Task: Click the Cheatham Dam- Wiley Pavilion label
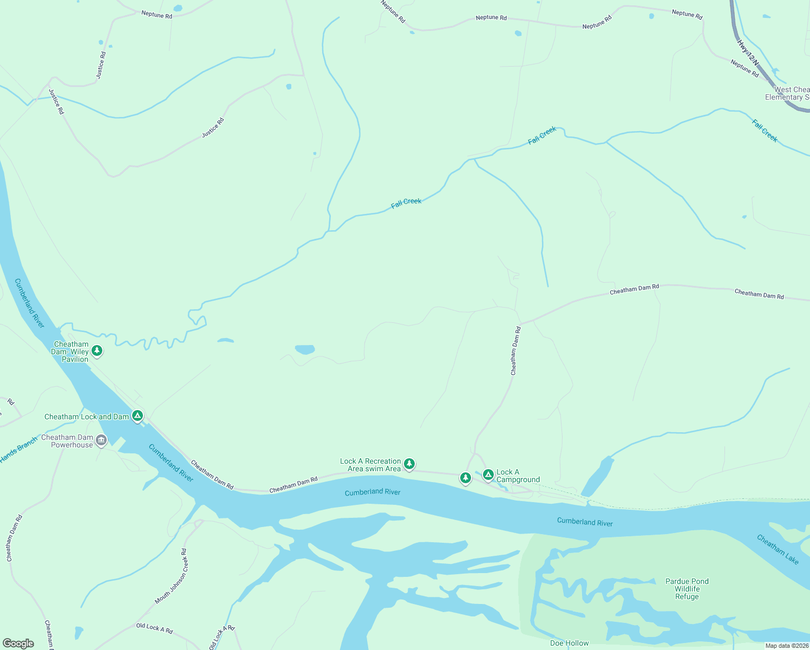point(71,352)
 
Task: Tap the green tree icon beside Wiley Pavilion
point(97,351)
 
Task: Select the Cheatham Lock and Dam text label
point(86,417)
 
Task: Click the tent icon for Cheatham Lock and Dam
point(138,415)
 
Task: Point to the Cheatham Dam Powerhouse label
point(67,441)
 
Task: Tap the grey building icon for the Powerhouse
point(101,441)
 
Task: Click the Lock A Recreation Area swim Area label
point(370,465)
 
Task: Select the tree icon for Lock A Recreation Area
point(409,464)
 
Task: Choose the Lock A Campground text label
point(518,476)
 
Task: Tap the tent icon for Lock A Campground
point(488,474)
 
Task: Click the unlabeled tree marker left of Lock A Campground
point(465,478)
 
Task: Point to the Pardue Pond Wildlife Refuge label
point(687,589)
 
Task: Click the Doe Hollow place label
point(569,643)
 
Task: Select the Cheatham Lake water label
point(778,549)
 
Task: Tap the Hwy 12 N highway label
point(747,53)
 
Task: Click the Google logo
point(18,643)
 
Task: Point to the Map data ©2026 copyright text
point(787,646)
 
